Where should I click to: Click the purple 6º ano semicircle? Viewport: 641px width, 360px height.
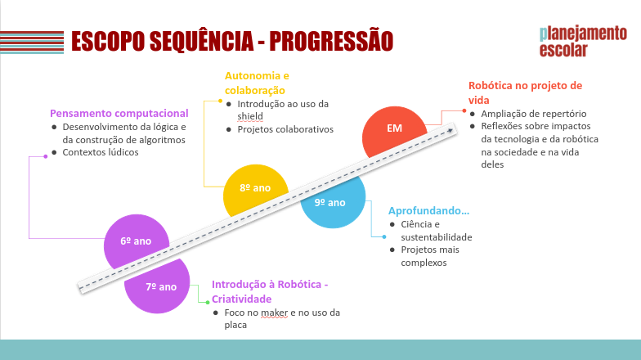[x=137, y=241]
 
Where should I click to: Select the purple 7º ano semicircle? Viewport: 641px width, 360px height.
[x=161, y=287]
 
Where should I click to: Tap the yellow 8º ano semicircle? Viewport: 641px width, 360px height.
[x=254, y=188]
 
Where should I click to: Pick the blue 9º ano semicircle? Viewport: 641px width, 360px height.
[x=330, y=202]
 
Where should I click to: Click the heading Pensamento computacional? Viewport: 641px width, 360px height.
[x=119, y=114]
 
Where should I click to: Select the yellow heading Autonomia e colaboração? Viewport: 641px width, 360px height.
[x=257, y=83]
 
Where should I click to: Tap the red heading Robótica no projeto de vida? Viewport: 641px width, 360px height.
[x=525, y=92]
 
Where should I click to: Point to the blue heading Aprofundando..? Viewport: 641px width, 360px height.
[x=428, y=210]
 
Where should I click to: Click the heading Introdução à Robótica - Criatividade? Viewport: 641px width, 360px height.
[x=269, y=291]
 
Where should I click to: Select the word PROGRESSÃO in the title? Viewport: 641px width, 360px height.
[x=331, y=40]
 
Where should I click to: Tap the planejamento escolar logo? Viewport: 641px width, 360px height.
[x=582, y=41]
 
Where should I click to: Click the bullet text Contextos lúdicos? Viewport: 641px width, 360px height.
[x=100, y=152]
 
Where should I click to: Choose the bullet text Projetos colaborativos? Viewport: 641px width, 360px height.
[x=285, y=129]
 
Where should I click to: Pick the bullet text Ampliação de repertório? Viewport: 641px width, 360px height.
[x=534, y=114]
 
